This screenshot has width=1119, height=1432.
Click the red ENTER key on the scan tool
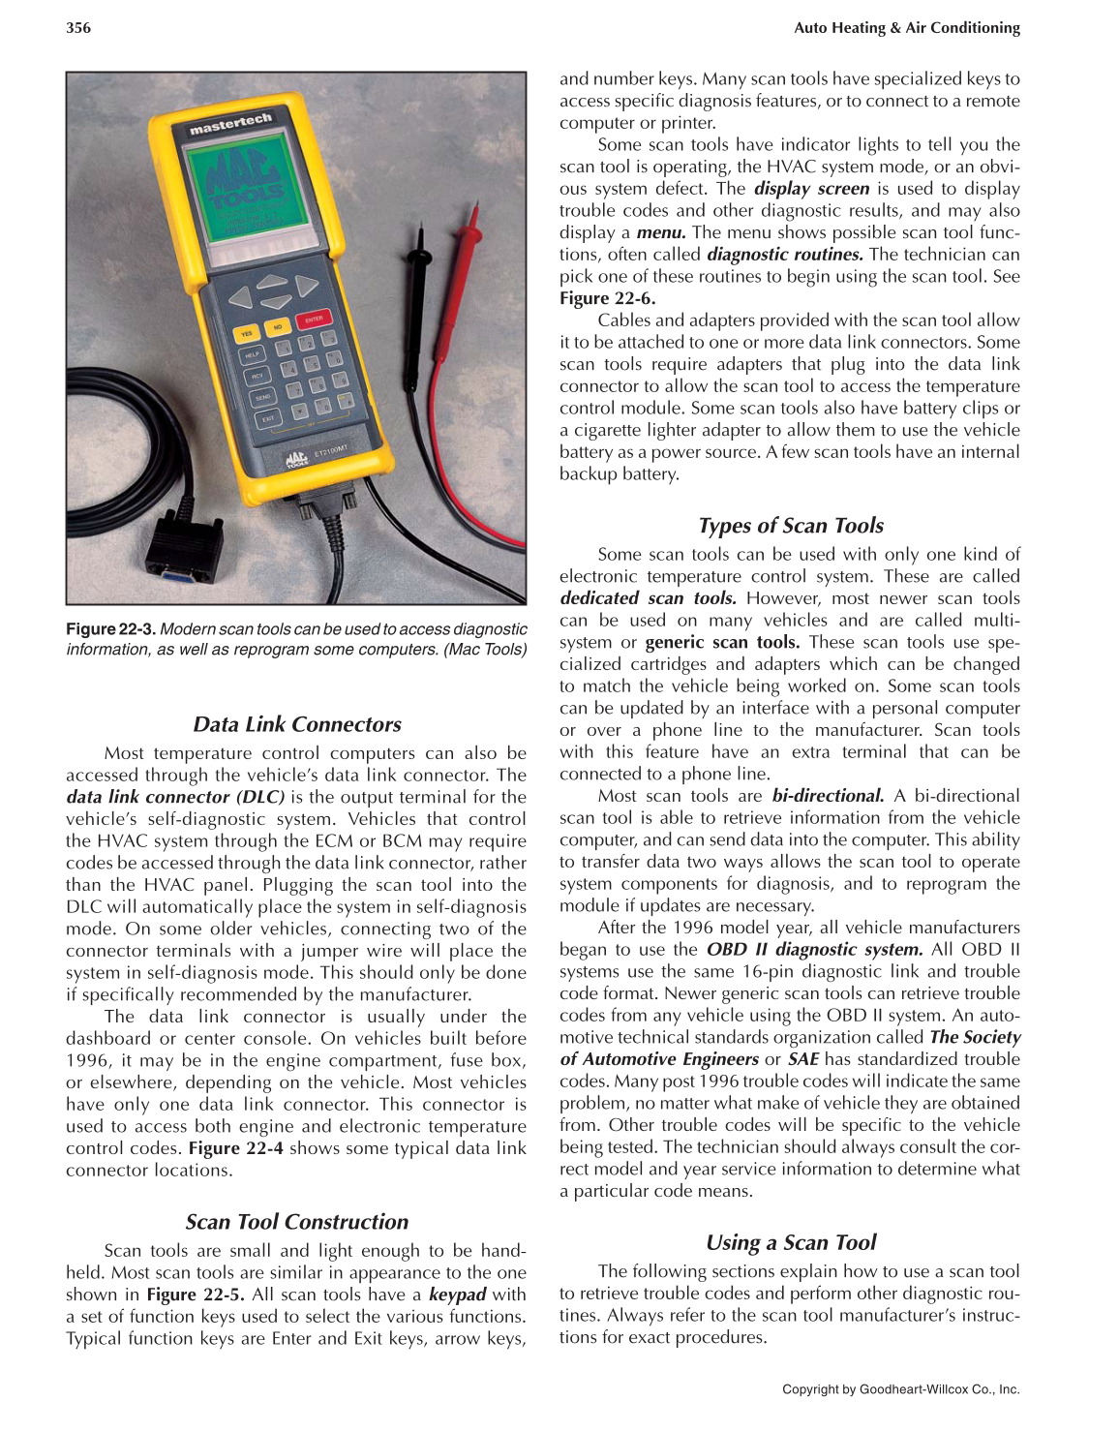click(314, 320)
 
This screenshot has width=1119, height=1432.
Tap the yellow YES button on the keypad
click(247, 334)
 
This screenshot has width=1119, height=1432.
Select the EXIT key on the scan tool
click(268, 418)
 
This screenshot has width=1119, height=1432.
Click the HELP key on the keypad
click(252, 356)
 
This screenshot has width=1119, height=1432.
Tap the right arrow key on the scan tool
click(307, 286)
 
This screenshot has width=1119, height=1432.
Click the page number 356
click(78, 28)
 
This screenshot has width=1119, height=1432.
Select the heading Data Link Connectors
click(296, 724)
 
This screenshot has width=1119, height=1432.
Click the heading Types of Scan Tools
click(790, 526)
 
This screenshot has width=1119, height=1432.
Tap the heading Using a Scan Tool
click(790, 1242)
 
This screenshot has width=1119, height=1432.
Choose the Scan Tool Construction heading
click(296, 1222)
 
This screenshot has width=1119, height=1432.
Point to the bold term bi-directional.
click(828, 796)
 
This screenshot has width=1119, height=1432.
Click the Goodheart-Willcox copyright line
click(900, 1389)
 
